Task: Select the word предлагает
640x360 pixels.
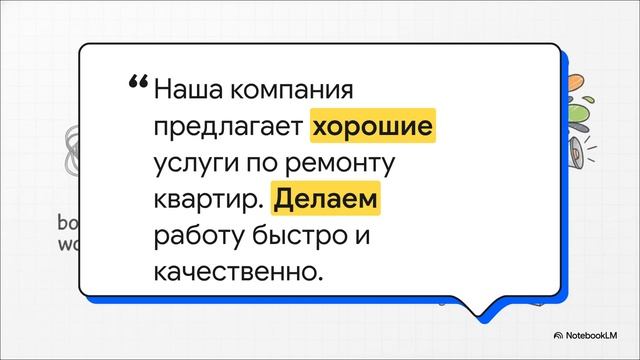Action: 227,129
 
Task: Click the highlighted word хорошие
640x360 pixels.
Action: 374,129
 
